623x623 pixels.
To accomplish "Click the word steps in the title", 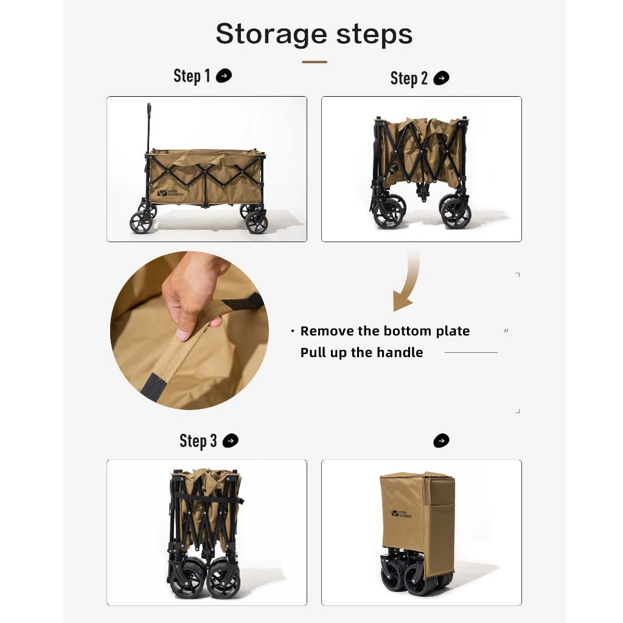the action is click(x=375, y=35).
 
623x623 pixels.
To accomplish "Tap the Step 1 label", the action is click(x=192, y=76).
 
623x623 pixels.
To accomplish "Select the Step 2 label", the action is click(x=409, y=78).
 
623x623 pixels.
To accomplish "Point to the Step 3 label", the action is click(x=198, y=440).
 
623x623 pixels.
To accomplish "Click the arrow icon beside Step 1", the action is click(x=224, y=75).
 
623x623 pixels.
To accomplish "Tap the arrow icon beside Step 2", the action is click(x=441, y=78).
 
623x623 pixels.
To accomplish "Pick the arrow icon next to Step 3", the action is click(x=231, y=440).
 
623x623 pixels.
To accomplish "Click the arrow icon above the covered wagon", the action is click(x=441, y=440).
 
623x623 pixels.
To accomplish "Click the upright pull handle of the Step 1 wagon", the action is click(x=148, y=128).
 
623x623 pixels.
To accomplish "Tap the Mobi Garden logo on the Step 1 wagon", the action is click(x=170, y=193).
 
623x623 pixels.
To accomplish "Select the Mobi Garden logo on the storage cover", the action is click(x=402, y=513).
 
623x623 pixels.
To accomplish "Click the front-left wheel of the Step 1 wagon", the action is click(x=141, y=222).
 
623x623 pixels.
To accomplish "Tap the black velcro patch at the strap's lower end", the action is click(x=153, y=387).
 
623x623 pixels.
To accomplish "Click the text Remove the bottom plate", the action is click(x=385, y=331).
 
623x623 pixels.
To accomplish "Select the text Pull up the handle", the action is click(x=361, y=352).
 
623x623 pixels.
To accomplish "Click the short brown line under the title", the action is click(x=315, y=62).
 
